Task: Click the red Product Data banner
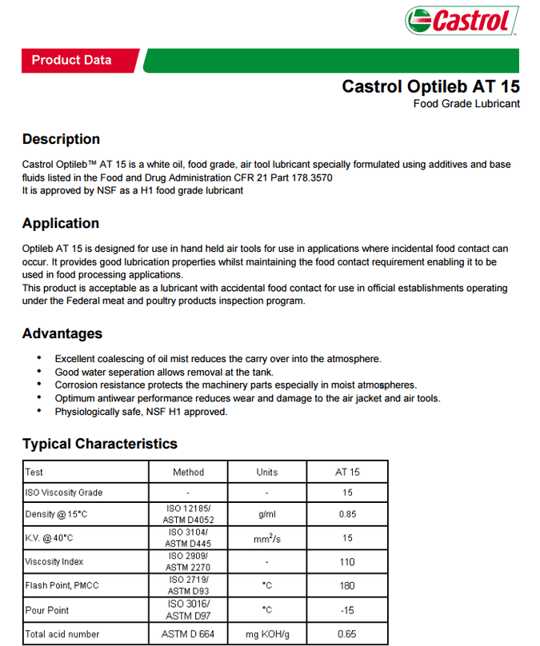point(72,60)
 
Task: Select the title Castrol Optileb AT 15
point(430,86)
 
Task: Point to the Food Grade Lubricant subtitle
point(466,104)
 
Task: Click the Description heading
point(61,139)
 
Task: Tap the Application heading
point(61,223)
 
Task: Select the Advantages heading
point(62,333)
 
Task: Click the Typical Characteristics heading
point(100,444)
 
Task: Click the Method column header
point(188,472)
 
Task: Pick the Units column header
point(267,472)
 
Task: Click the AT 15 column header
point(347,472)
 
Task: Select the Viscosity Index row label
point(54,562)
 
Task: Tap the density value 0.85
point(347,515)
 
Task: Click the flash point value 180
point(347,586)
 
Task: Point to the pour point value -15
point(347,610)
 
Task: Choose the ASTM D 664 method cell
point(188,634)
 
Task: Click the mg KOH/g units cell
point(267,634)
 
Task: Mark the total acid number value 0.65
point(347,634)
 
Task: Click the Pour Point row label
point(47,610)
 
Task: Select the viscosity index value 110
point(347,562)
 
